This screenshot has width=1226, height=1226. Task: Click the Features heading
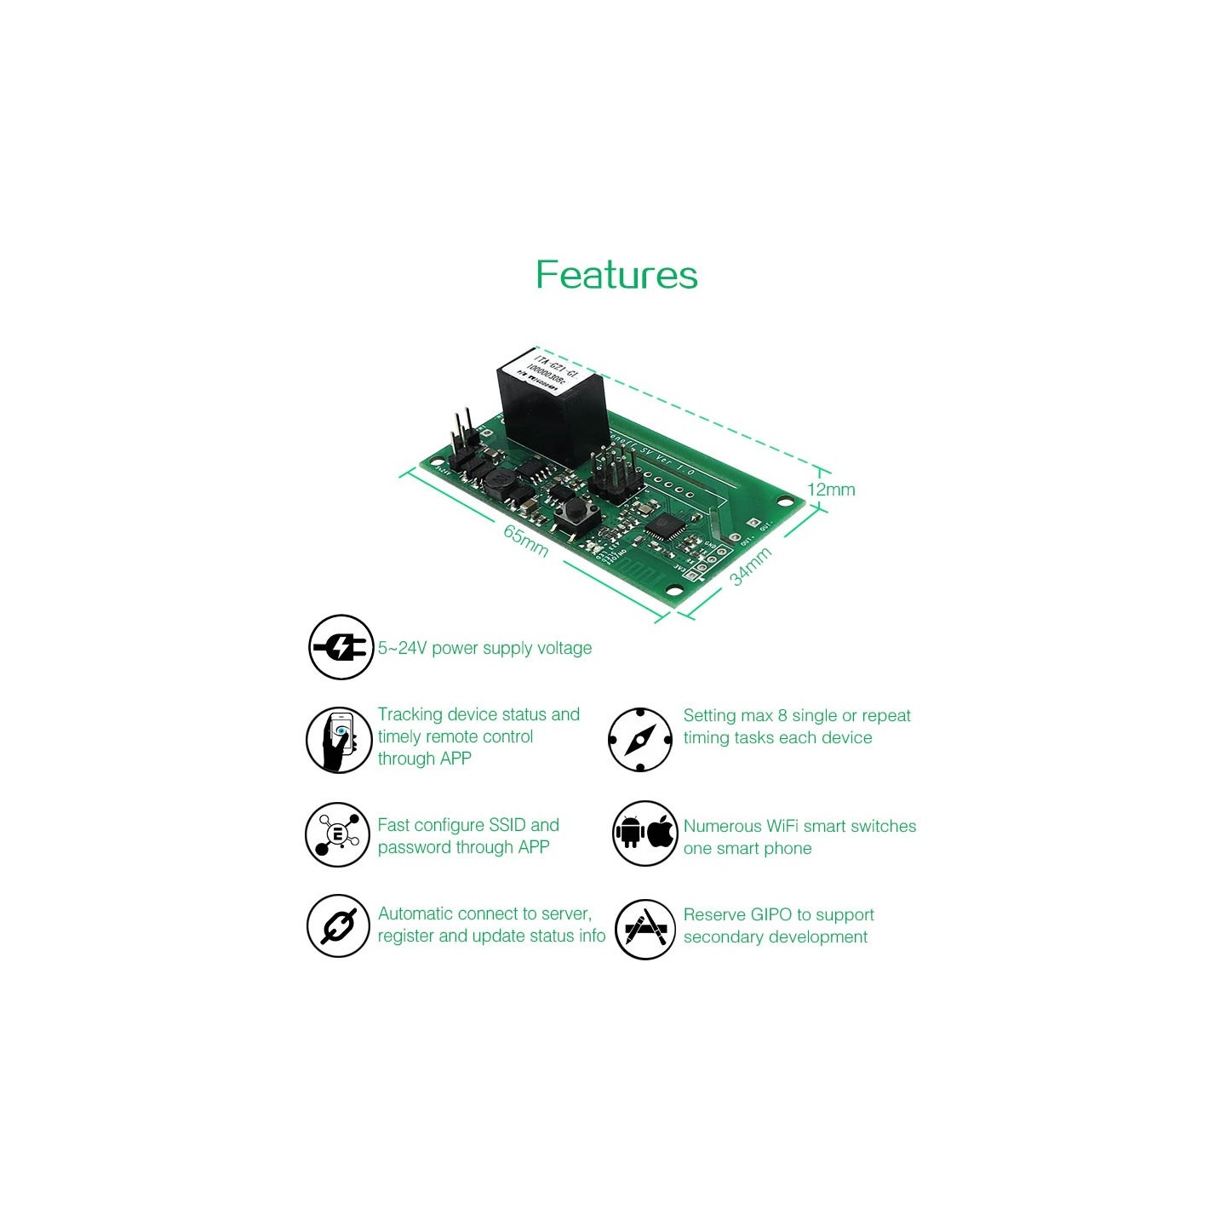click(616, 275)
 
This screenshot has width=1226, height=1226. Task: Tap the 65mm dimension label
click(525, 541)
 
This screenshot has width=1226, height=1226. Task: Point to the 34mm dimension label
click(751, 565)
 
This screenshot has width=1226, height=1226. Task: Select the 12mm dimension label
click(831, 490)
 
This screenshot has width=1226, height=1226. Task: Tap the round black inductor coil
click(501, 483)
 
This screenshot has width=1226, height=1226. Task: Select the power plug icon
click(341, 647)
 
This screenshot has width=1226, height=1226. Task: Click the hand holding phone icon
click(339, 739)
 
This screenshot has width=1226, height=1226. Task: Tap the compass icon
click(640, 739)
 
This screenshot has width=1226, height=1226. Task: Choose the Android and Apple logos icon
click(645, 834)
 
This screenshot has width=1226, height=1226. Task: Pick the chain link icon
click(338, 925)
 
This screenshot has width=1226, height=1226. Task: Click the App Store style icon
click(645, 929)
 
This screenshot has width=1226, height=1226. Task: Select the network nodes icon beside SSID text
click(338, 834)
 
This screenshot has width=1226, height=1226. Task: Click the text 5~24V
click(402, 648)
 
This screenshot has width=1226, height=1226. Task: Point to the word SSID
click(507, 825)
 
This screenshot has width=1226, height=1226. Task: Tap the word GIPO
click(771, 914)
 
